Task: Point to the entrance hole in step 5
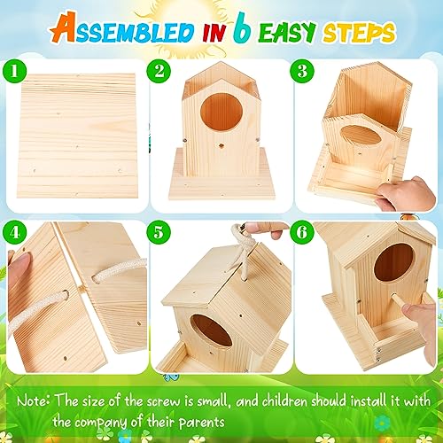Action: point(214,330)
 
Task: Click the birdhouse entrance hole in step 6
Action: point(395,263)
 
